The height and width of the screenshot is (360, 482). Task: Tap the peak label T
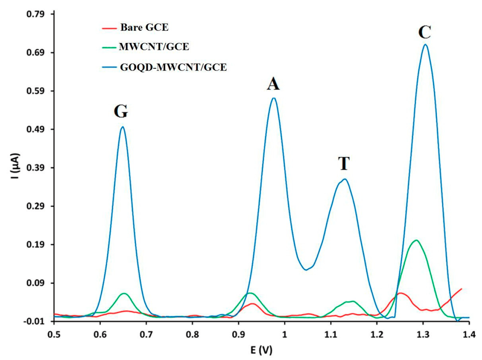coord(343,164)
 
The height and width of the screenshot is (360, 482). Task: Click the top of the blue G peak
coord(123,127)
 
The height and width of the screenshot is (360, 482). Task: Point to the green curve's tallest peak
coord(417,240)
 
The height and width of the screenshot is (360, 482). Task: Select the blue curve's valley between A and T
coord(306,270)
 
